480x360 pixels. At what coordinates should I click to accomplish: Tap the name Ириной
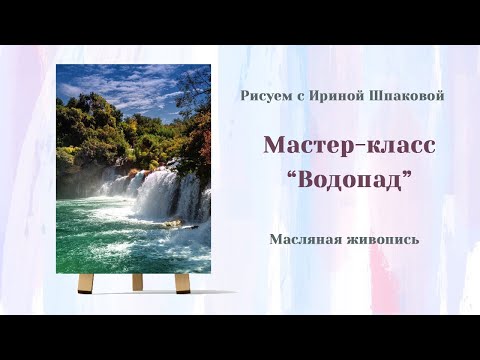pyautogui.click(x=332, y=95)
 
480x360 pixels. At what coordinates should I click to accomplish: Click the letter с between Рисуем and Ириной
pyautogui.click(x=297, y=95)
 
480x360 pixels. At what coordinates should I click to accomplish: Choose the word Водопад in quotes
pyautogui.click(x=349, y=181)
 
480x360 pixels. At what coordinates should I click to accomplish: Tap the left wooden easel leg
pyautogui.click(x=86, y=283)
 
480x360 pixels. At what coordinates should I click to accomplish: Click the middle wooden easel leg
pyautogui.click(x=137, y=281)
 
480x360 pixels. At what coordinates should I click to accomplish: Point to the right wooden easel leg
pyautogui.click(x=182, y=283)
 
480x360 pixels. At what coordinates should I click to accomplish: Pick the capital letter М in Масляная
pyautogui.click(x=274, y=239)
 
